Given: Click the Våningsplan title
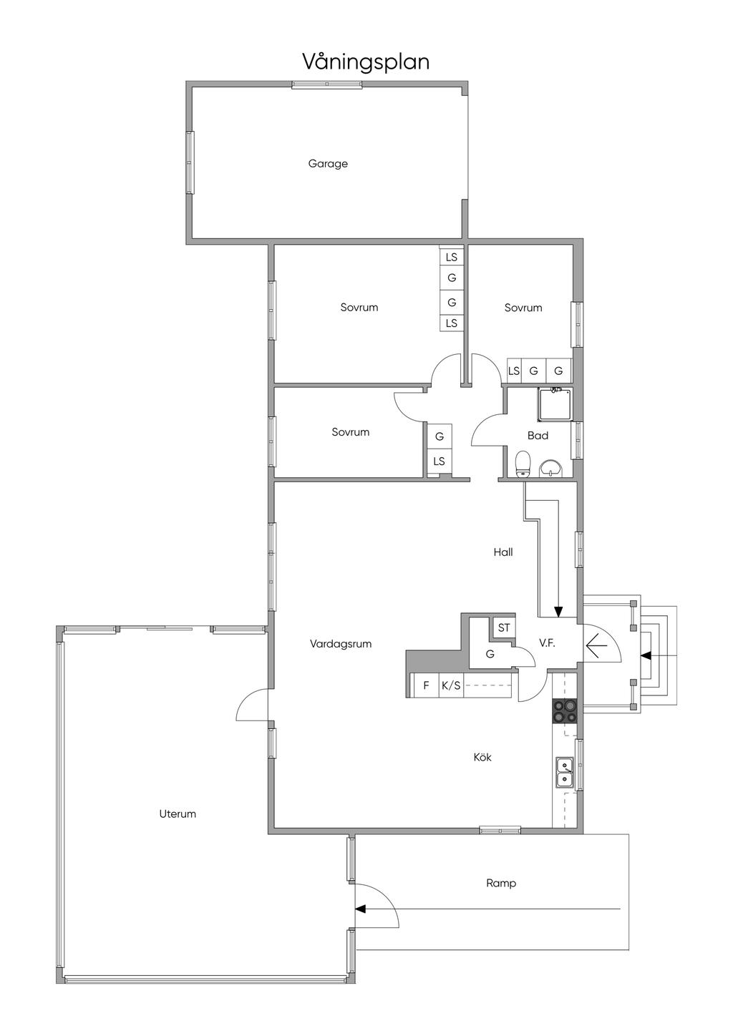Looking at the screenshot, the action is pyautogui.click(x=366, y=62).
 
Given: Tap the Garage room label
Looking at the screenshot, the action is pyautogui.click(x=328, y=164).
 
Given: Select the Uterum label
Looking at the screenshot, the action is pyautogui.click(x=178, y=813).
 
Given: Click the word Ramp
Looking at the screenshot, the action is pyautogui.click(x=500, y=884).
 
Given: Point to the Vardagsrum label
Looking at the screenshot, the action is pyautogui.click(x=341, y=644).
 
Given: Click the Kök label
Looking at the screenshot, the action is pyautogui.click(x=482, y=757).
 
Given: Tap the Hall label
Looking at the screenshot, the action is pyautogui.click(x=503, y=552).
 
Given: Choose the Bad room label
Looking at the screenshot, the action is pyautogui.click(x=538, y=435).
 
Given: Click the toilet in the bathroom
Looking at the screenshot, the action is pyautogui.click(x=523, y=464).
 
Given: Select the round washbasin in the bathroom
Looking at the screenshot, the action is pyautogui.click(x=550, y=468).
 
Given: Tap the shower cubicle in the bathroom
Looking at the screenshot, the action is pyautogui.click(x=554, y=405).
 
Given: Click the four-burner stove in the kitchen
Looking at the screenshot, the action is pyautogui.click(x=565, y=711).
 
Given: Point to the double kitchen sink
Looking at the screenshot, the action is pyautogui.click(x=565, y=772).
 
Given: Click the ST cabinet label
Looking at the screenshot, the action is pyautogui.click(x=503, y=627).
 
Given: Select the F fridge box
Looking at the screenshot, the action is pyautogui.click(x=426, y=685).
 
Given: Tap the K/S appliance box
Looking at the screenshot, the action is pyautogui.click(x=451, y=685).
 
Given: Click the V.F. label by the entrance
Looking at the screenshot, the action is pyautogui.click(x=547, y=643).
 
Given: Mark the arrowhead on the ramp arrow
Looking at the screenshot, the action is pyautogui.click(x=361, y=909).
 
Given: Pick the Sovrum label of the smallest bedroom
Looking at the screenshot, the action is pyautogui.click(x=350, y=432).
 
